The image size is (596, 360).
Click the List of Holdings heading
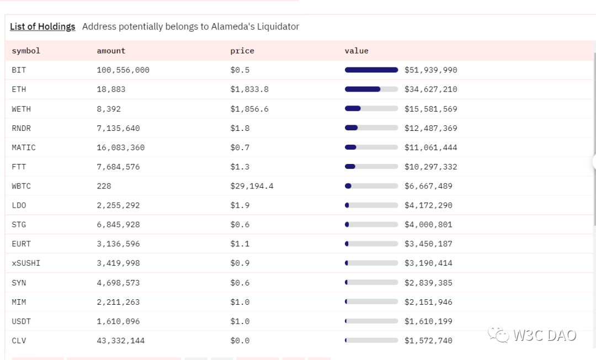point(42,27)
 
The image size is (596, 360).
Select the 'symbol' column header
point(26,51)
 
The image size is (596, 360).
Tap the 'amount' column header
point(111,51)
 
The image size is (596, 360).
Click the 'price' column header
point(242,51)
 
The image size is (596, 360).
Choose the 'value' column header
point(356,51)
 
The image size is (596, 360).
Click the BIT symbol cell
point(19,70)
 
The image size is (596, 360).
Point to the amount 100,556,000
point(123,70)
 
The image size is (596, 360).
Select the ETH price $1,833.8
point(249,89)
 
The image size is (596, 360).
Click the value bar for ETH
point(371,89)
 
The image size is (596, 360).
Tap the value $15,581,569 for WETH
point(430,109)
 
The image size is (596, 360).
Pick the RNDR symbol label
point(21,128)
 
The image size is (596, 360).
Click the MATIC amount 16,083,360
point(121,147)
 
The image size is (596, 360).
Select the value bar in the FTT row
point(371,167)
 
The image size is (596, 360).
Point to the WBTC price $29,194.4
point(252,186)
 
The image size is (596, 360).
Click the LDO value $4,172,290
point(428,205)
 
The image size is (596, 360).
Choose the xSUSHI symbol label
point(26,263)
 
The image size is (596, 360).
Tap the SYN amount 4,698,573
point(118,283)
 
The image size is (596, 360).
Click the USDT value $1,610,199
point(428,321)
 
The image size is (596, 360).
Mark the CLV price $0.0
point(240,341)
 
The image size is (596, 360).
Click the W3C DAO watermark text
point(544,335)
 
